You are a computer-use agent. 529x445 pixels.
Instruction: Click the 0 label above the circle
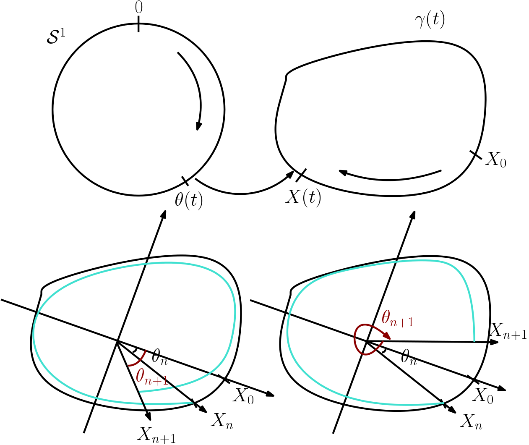(138, 8)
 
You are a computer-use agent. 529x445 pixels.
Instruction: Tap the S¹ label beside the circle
(56, 37)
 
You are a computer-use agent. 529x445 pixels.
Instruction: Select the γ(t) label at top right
(430, 20)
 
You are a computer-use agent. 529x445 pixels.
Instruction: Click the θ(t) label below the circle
(189, 201)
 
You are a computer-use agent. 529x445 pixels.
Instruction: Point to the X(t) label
(303, 197)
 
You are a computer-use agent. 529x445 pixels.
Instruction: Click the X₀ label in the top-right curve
(495, 160)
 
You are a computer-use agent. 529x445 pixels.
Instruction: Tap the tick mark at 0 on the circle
(138, 24)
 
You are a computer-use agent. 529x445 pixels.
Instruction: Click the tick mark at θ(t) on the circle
(185, 181)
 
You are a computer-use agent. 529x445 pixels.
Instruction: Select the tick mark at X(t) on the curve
(301, 175)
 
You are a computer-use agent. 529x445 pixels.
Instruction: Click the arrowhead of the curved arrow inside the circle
(199, 126)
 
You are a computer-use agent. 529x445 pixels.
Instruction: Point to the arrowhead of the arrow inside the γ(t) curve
(343, 172)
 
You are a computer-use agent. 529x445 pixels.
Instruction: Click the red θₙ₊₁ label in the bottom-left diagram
(152, 377)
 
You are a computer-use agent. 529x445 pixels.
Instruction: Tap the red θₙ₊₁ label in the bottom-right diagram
(398, 319)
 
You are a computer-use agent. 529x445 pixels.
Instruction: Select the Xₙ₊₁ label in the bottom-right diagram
(508, 331)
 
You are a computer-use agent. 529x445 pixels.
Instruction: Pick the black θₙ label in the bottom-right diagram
(409, 358)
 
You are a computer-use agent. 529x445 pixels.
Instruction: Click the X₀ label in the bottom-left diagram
(243, 396)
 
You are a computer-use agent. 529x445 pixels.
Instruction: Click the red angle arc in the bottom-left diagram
(140, 360)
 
